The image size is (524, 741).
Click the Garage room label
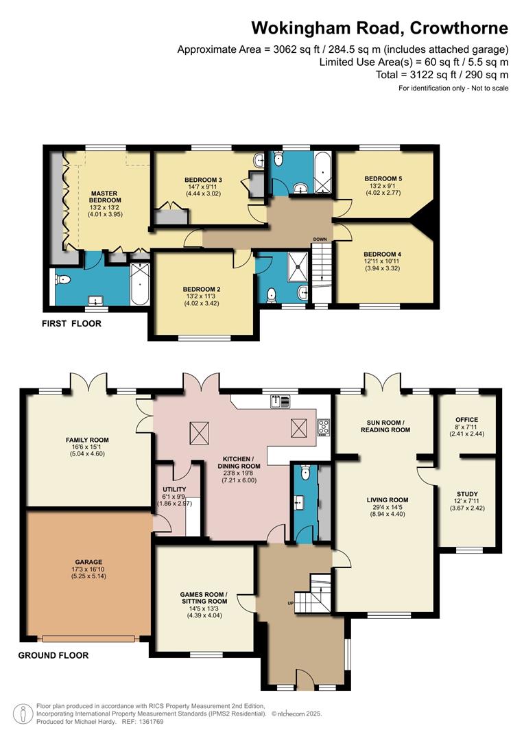point(89,562)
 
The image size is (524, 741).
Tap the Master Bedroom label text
point(104,197)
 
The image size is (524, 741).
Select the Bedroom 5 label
point(383,178)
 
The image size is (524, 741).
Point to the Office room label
point(467,420)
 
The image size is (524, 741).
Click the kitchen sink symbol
point(281,401)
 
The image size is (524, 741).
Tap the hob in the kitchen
point(324,427)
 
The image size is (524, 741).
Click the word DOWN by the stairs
point(320,239)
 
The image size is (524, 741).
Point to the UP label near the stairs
point(291,603)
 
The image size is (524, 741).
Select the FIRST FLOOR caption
point(72,324)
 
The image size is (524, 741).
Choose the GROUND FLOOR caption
point(53,655)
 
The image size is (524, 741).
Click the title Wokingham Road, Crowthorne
point(379,28)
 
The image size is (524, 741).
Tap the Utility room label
point(174,489)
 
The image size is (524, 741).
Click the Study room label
point(467,494)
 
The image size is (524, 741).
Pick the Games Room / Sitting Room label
point(204,598)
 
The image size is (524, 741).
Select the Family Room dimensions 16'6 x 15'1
point(87,447)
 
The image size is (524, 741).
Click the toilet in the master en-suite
point(62,280)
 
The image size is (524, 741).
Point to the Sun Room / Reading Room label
point(385,426)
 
